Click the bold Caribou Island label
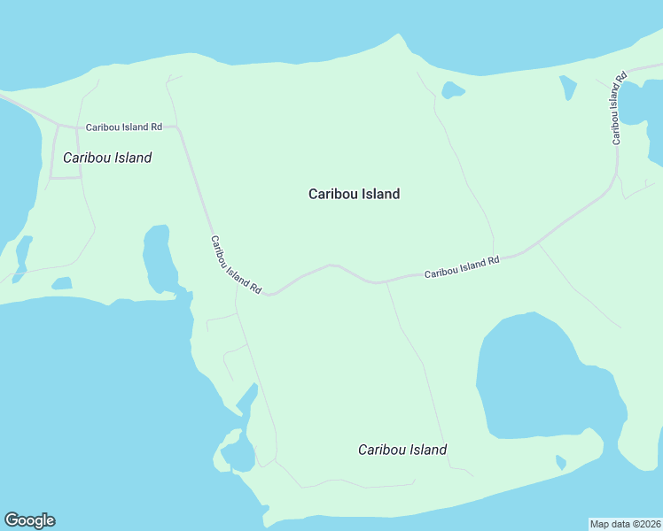coord(354,194)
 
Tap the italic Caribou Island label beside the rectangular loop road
coord(107,158)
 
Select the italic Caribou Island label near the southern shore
coord(402,450)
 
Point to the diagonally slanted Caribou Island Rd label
coord(236,264)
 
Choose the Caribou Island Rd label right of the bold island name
coord(462,267)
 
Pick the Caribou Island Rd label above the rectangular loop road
coord(123,127)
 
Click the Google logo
coord(29,520)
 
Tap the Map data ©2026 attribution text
coord(625,523)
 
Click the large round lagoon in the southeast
coord(541,376)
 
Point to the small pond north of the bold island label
coord(453,89)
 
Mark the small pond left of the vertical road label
coord(567,87)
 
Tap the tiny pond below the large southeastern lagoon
coord(560,462)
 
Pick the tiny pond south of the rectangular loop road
coord(61,284)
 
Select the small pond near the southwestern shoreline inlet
coord(238,453)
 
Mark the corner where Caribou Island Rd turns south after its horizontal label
coord(180,129)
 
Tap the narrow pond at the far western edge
coord(23,251)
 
